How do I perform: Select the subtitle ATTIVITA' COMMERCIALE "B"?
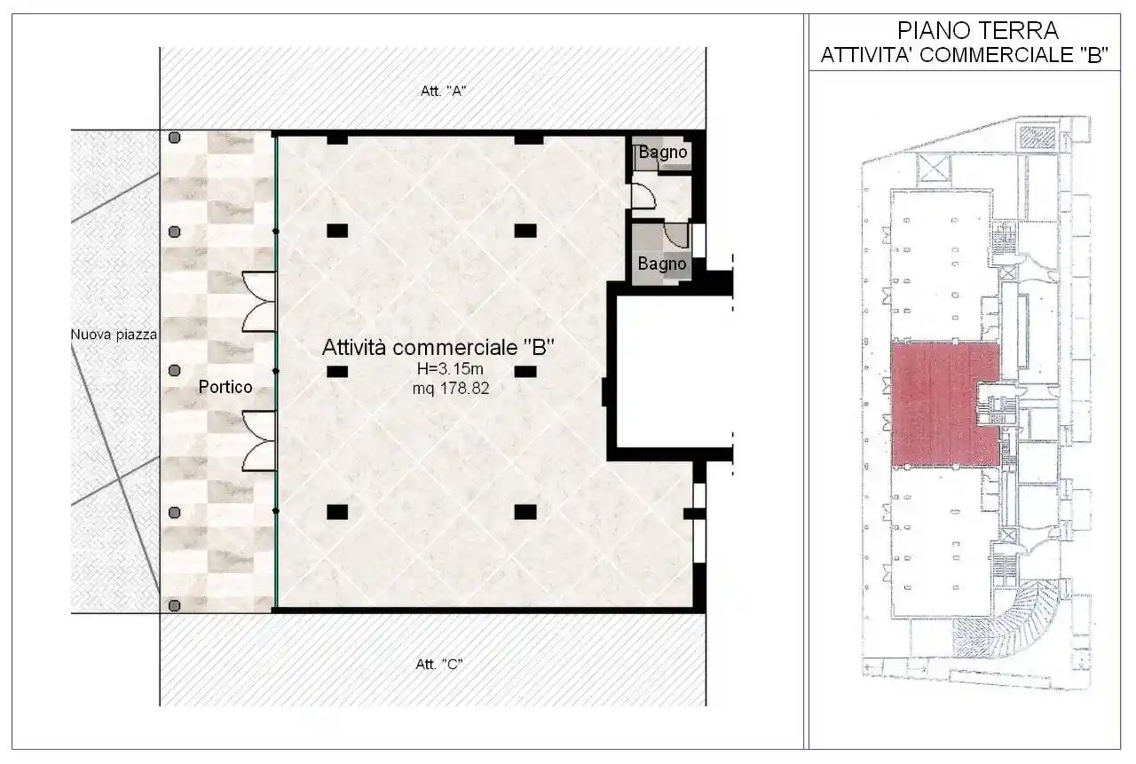964,54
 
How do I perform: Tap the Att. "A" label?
443,91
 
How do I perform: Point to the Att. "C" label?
439,664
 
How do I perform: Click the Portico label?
225,387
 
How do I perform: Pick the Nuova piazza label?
114,335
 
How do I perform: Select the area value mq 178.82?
451,388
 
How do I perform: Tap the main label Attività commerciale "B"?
438,348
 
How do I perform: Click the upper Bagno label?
662,153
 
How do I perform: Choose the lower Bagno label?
662,264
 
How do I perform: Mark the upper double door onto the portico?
259,302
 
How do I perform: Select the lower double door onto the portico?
259,440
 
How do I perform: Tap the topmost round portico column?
175,138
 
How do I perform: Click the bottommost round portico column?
175,605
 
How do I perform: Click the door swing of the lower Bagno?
676,235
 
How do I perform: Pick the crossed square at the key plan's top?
936,168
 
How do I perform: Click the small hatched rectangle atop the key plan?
1035,138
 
